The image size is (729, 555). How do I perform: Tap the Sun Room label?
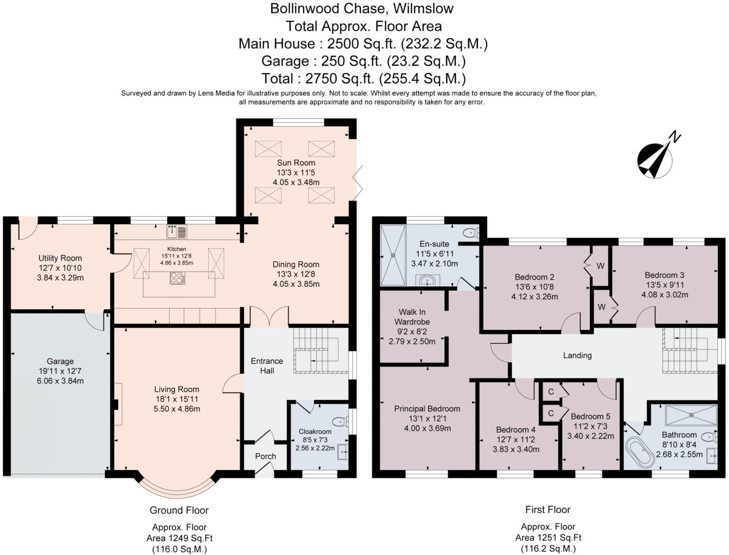(296, 163)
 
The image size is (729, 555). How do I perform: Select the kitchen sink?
(176, 232)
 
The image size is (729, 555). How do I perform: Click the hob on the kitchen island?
(177, 278)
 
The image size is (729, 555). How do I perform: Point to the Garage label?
(60, 361)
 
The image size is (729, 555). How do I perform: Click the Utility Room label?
(60, 258)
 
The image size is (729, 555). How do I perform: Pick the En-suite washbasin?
(428, 281)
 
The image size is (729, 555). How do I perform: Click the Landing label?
(577, 355)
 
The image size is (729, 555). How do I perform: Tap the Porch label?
(266, 456)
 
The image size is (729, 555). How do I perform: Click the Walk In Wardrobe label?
(412, 317)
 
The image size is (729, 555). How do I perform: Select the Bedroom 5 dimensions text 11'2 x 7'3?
(590, 426)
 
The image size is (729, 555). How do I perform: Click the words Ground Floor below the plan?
(179, 510)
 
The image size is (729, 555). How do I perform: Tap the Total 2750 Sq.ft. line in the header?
(363, 78)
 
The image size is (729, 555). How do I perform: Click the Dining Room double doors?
(269, 316)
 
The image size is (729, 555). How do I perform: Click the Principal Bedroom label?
(427, 409)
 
